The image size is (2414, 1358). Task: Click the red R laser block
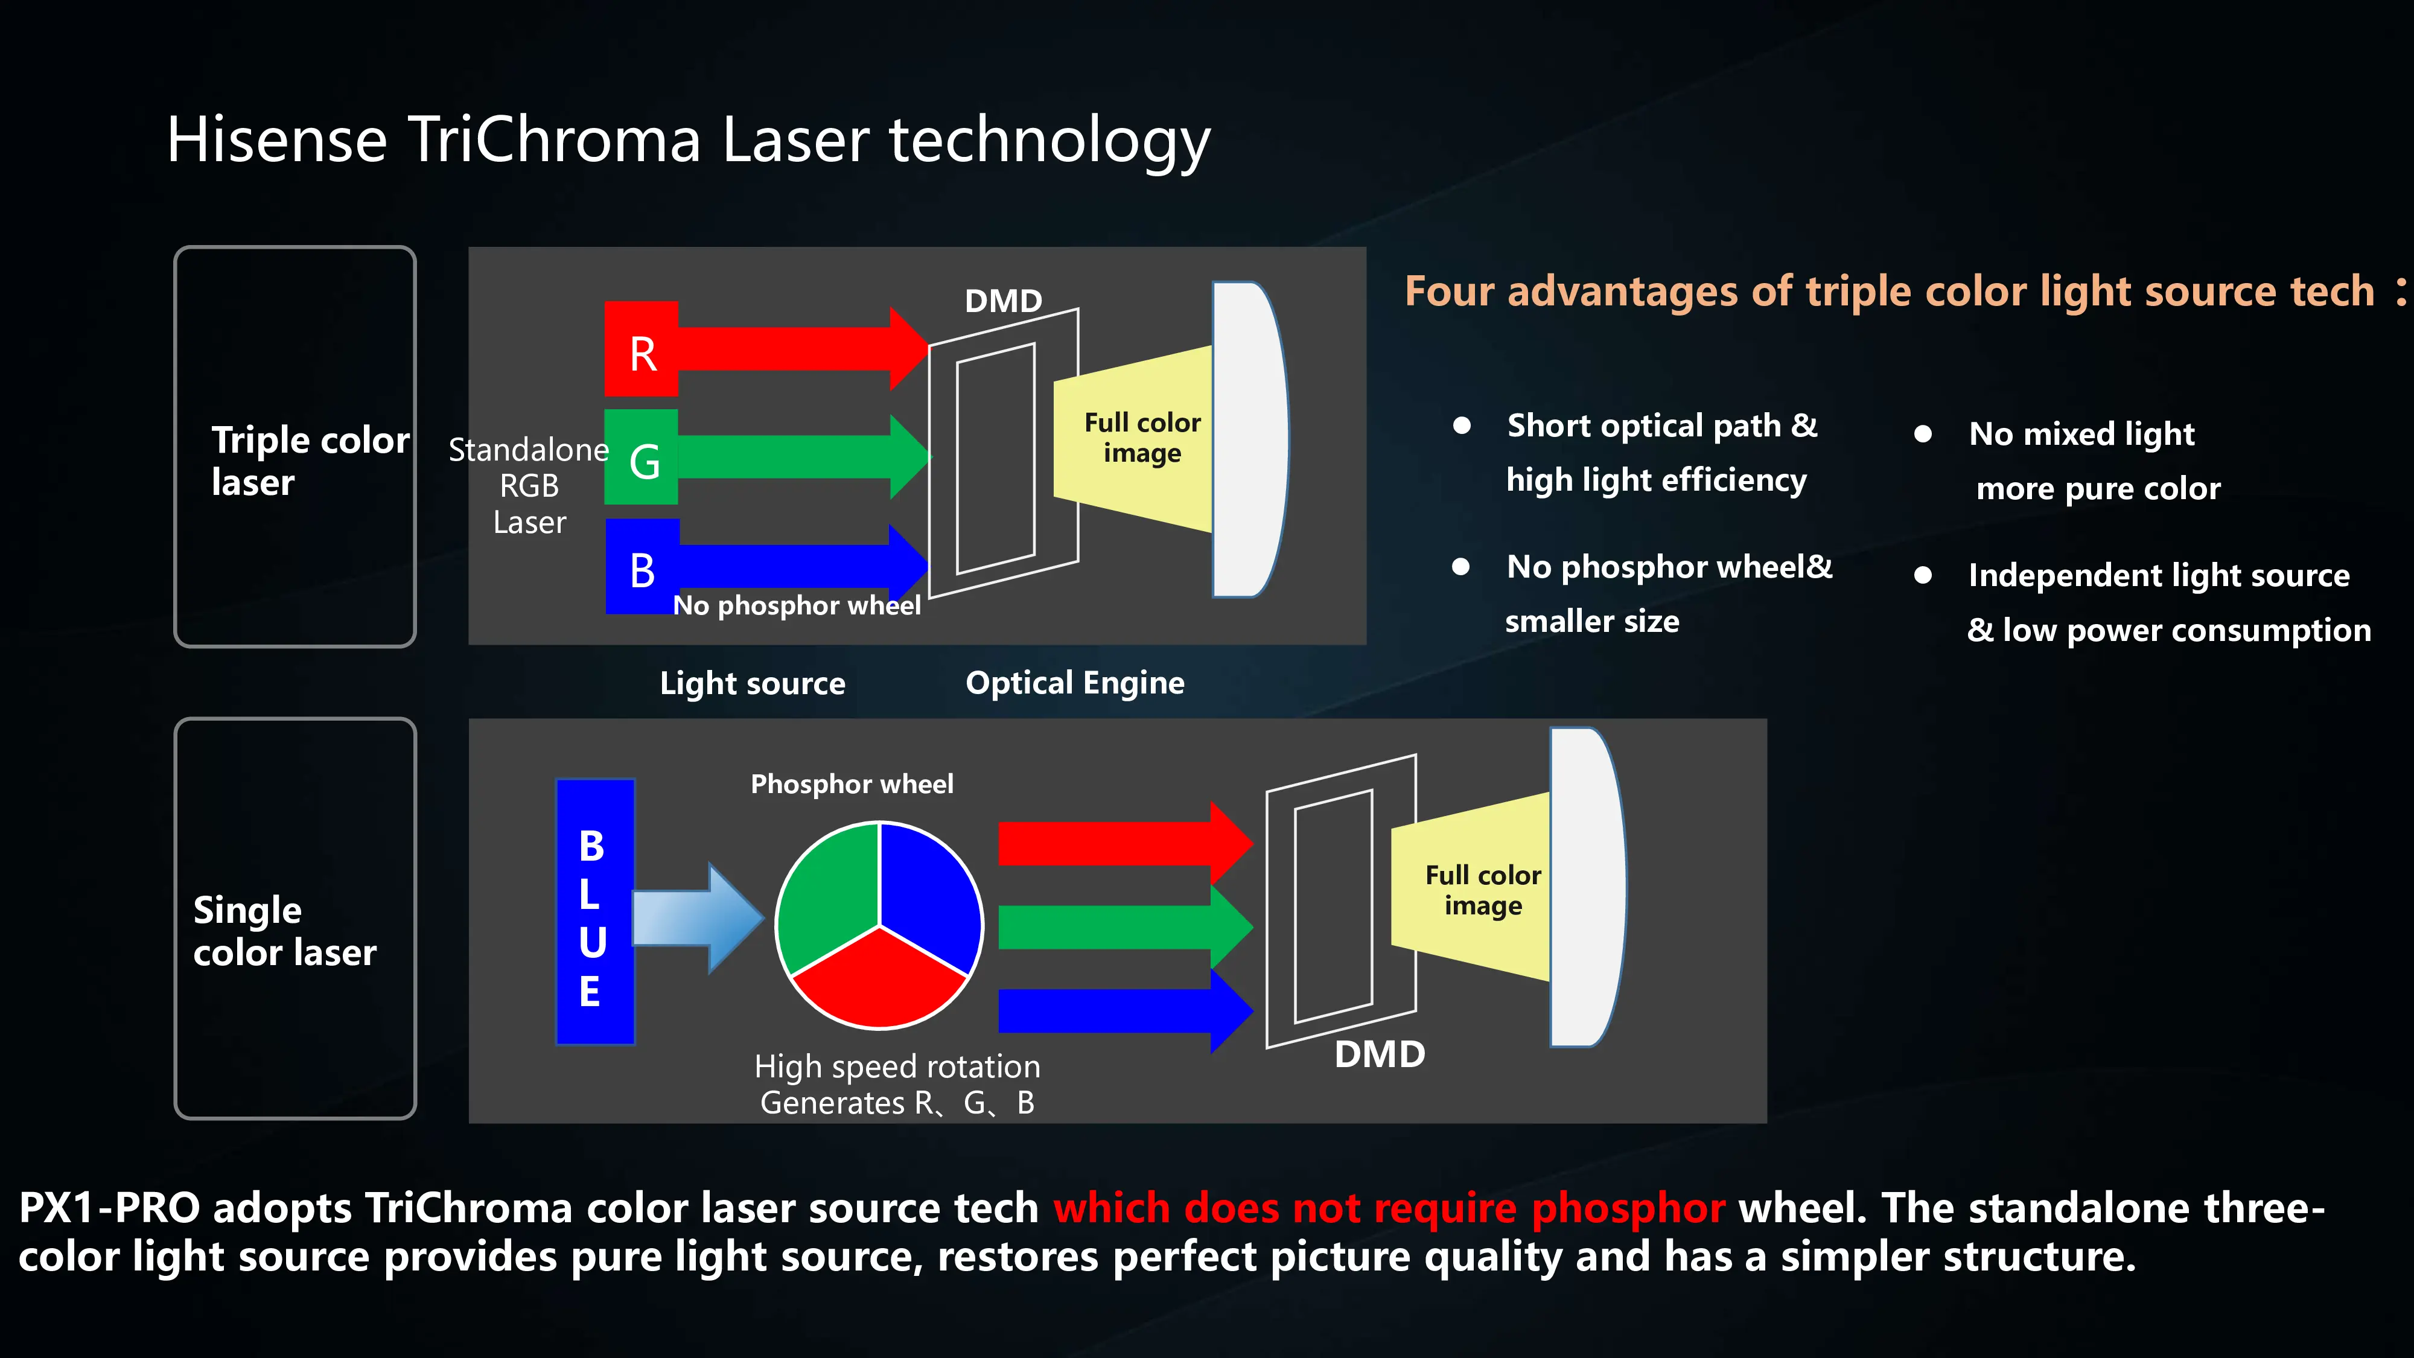641,349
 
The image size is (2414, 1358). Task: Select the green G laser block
641,457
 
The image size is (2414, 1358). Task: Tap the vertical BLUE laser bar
595,911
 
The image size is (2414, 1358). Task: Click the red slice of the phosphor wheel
879,980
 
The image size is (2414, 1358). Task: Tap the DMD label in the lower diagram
1380,1054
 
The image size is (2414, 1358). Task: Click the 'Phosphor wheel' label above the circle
852,783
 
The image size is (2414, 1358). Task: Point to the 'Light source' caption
753,683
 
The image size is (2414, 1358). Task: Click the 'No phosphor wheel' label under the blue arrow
797,605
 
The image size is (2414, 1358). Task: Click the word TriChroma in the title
554,139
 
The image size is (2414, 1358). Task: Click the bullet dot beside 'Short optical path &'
1461,426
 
